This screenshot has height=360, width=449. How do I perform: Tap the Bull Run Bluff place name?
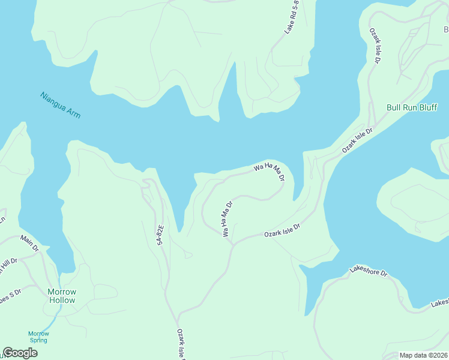(x=412, y=108)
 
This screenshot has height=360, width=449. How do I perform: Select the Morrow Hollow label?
(x=62, y=296)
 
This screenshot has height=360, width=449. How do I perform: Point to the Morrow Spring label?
(x=38, y=337)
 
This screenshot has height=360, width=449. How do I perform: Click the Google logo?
(x=20, y=353)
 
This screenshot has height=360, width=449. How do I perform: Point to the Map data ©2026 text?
(x=424, y=355)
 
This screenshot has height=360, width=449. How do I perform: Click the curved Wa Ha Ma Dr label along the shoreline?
(x=268, y=171)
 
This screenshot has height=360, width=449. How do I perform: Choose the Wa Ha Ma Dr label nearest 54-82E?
(x=226, y=218)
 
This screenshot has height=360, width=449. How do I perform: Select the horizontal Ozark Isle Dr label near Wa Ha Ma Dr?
(x=282, y=230)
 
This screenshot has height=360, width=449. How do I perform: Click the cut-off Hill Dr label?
(x=8, y=265)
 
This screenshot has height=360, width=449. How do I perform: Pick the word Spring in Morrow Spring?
(x=38, y=340)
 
